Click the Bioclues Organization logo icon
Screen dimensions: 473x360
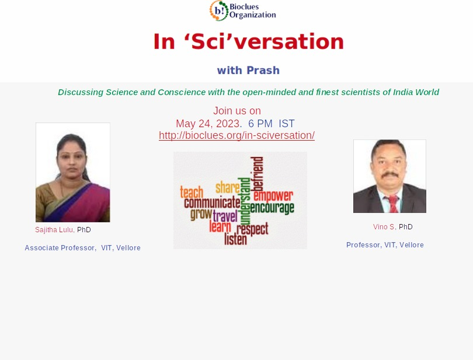[x=219, y=11]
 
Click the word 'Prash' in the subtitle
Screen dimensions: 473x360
[x=263, y=70]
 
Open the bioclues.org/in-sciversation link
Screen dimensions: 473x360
[x=237, y=135]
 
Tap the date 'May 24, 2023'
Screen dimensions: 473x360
[x=208, y=124]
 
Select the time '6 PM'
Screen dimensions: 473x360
[x=260, y=124]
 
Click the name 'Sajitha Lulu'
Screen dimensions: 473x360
[x=54, y=230]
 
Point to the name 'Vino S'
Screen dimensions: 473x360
[x=384, y=227]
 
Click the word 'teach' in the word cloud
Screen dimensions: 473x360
[x=192, y=192]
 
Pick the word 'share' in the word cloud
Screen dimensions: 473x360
[x=228, y=187]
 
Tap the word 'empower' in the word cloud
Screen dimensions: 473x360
[x=273, y=195]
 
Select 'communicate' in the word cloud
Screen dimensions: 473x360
[x=213, y=202]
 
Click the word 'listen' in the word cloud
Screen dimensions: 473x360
[x=235, y=239]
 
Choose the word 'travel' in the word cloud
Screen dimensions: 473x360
[x=225, y=216]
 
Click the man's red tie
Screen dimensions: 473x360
[x=393, y=204]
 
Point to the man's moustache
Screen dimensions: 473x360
[x=390, y=174]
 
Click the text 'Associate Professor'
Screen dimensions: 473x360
[x=60, y=248]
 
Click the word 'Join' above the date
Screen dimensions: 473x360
[x=223, y=111]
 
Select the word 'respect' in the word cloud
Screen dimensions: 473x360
[x=252, y=229]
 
